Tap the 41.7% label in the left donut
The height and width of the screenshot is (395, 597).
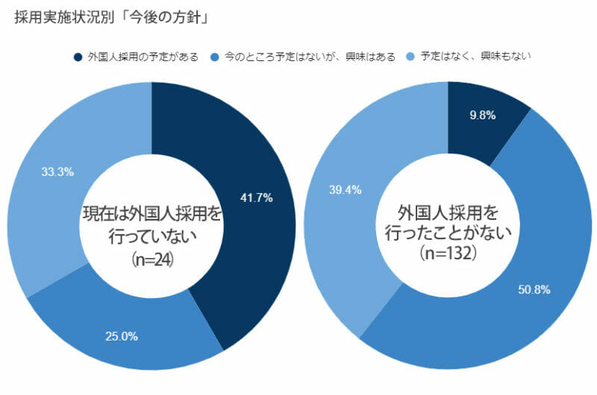257,198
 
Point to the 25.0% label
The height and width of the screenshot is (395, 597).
122,336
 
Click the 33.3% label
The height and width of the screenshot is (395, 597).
57,172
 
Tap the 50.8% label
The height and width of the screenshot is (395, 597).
534,289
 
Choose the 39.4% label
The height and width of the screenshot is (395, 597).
345,190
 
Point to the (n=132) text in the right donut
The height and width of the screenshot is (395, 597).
448,253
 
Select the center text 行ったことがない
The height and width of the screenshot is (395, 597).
448,232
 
